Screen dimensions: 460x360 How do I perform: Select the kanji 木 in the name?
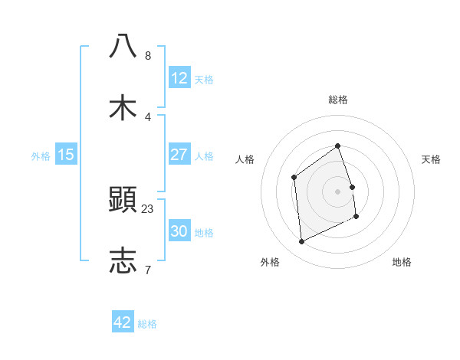[123, 107]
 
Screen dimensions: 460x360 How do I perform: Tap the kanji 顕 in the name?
[123, 199]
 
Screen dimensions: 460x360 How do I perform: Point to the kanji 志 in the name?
[123, 260]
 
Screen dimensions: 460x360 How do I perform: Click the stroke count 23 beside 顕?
[148, 208]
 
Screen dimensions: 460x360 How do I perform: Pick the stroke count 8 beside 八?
[147, 55]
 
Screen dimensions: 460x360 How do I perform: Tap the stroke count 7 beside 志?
[147, 270]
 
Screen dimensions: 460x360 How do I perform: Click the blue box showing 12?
[179, 78]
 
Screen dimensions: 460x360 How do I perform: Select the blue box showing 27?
[179, 155]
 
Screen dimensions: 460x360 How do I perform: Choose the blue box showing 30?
[179, 231]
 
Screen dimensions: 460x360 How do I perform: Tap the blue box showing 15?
[66, 155]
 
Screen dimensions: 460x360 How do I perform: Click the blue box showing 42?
[123, 322]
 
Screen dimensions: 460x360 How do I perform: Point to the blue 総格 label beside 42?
[147, 324]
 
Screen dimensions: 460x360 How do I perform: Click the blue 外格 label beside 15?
[41, 156]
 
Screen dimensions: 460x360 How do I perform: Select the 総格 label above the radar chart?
[337, 100]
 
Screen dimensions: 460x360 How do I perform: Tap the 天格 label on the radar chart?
[431, 159]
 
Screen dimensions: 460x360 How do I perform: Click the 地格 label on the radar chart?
[402, 262]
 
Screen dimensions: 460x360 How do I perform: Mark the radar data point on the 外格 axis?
[301, 242]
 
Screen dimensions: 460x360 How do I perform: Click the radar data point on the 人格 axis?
[294, 178]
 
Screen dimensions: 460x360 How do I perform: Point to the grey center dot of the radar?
[337, 191]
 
